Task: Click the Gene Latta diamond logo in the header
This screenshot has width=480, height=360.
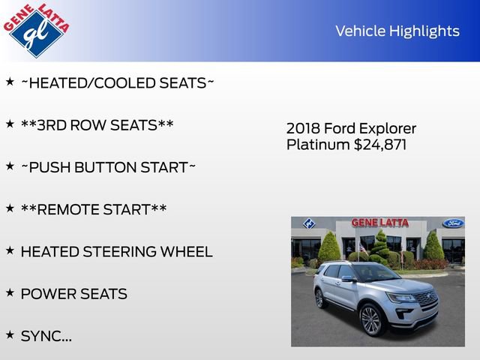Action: point(36,29)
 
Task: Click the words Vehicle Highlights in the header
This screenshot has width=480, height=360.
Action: point(397,31)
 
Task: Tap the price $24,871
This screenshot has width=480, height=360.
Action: point(380,144)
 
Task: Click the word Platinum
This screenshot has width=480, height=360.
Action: point(318,144)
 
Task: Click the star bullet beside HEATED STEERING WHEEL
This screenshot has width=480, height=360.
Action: point(10,250)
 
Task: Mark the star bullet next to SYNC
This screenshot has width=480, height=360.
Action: point(10,334)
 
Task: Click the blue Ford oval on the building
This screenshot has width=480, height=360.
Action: point(453,223)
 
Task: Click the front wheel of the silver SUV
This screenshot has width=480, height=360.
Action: point(371,319)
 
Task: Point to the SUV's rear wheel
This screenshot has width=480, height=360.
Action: point(321,298)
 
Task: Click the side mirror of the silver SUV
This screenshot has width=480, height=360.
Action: point(348,278)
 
